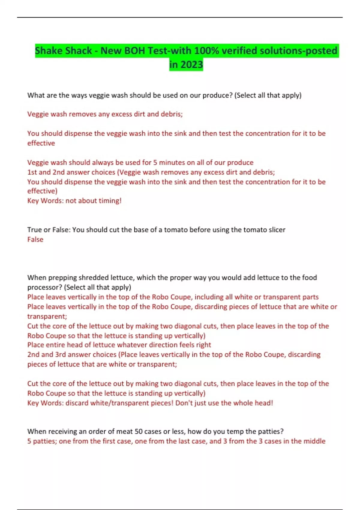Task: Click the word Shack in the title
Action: tap(78, 51)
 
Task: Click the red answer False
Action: tap(35, 239)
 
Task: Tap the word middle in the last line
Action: tap(314, 441)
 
